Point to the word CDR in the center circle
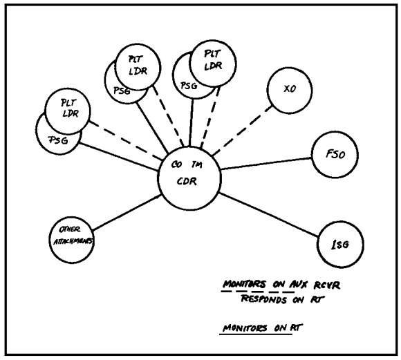click(x=187, y=181)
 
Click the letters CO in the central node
click(x=176, y=164)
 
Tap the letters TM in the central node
click(x=196, y=164)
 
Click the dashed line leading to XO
click(x=243, y=131)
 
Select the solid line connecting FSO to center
click(x=266, y=164)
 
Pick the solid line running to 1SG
click(x=268, y=214)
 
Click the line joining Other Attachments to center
click(x=127, y=213)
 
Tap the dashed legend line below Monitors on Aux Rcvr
click(x=258, y=291)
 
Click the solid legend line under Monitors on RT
click(x=256, y=334)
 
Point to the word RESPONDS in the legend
click(x=264, y=299)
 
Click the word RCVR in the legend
click(x=327, y=285)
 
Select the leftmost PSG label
click(x=59, y=140)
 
